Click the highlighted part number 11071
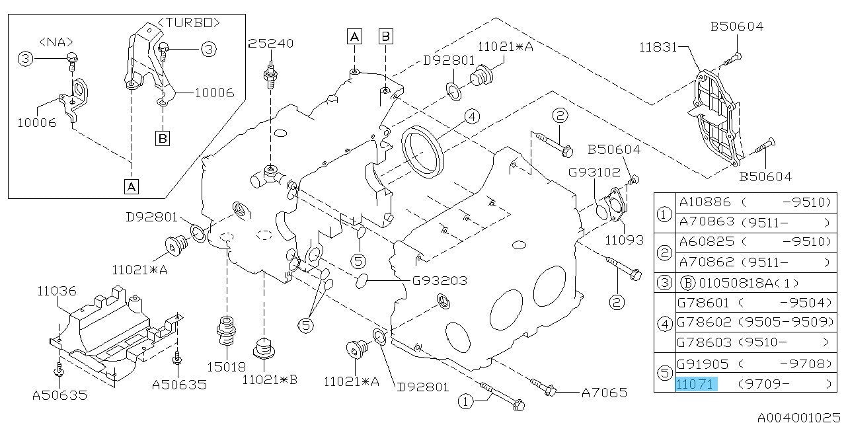coord(695,383)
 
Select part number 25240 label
coord(271,43)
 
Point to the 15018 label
coord(225,366)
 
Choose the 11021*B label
coord(270,379)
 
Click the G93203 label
coord(439,281)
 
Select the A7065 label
coord(604,392)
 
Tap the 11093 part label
coord(624,241)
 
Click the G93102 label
coord(595,173)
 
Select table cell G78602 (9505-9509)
coord(753,323)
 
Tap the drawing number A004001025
coord(799,417)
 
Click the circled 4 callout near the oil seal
coord(471,117)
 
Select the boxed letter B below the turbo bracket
coord(163,138)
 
